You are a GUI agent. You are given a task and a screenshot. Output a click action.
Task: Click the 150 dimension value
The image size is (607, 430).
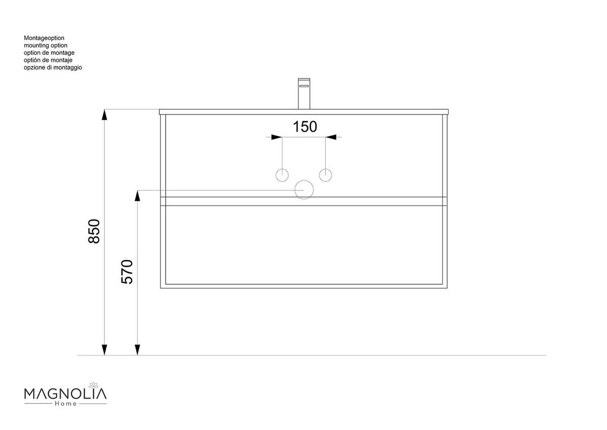coord(305,126)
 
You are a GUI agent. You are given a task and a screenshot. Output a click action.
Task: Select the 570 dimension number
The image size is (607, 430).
coord(127,271)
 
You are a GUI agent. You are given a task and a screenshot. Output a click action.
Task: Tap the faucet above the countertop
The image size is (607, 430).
coord(303,93)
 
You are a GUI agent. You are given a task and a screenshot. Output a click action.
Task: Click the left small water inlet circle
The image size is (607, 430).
coord(282,175)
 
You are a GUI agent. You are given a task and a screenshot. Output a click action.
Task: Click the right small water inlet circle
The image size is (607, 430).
coord(326,175)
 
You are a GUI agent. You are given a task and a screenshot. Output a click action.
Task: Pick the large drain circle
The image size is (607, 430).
coord(304,189)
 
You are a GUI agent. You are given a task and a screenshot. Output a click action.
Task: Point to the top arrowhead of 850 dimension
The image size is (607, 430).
coord(104,115)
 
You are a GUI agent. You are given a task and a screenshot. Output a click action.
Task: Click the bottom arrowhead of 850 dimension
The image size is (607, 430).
coord(104,349)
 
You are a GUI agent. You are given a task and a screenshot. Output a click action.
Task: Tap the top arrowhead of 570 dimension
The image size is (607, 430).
coord(137,196)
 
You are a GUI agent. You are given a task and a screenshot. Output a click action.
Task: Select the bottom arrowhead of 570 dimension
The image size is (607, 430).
coord(137,349)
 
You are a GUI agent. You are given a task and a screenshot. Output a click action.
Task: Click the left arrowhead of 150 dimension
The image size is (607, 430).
coord(276,137)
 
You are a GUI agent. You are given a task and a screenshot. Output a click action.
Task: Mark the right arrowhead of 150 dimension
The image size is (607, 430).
coord(331,137)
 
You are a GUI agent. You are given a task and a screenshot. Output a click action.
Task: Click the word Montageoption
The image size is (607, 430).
coord(44,38)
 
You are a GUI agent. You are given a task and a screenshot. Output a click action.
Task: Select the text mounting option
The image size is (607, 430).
coord(46,46)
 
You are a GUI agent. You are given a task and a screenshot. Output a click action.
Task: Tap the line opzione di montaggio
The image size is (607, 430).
coord(53,67)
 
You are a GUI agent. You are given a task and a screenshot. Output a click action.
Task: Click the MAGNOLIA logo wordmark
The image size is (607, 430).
coord(65,394)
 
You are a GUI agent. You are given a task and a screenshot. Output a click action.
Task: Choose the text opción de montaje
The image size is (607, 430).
coord(49,60)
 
